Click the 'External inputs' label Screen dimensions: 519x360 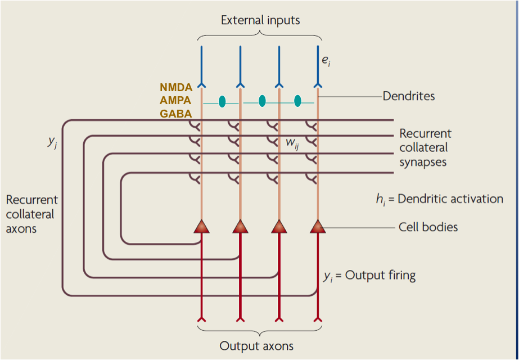pos(260,21)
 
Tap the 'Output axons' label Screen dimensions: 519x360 pos(256,346)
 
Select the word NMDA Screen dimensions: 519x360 pos(176,87)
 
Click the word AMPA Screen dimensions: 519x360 pos(176,100)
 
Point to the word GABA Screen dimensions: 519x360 pos(176,114)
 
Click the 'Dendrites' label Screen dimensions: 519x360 pos(409,96)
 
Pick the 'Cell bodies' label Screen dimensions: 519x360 pos(428,227)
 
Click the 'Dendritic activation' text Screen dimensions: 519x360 pos(450,199)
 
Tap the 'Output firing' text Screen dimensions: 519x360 pos(380,276)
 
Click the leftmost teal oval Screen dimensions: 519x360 pos(222,101)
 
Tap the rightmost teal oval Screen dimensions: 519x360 pos(297,101)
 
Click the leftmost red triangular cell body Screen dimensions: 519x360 pos(201,226)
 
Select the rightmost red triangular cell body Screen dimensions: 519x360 pos(318,226)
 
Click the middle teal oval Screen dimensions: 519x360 pos(262,101)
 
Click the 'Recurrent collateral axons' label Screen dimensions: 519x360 pos(32,214)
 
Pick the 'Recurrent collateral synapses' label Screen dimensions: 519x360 pos(425,148)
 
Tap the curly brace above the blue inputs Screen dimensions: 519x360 pos(260,35)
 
